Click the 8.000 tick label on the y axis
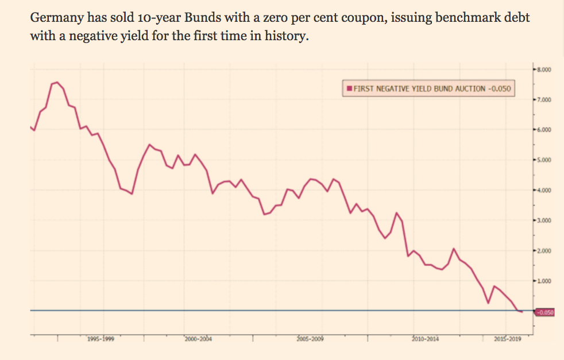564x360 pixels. point(544,69)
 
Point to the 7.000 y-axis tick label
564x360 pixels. point(544,100)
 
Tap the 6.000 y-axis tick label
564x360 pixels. point(544,130)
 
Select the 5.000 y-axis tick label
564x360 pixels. point(544,160)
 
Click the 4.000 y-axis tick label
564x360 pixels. point(544,190)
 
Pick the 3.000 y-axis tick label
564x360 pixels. point(544,220)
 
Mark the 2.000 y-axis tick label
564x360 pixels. point(544,251)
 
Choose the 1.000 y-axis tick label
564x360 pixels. point(544,281)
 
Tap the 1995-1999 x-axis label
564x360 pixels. point(101,339)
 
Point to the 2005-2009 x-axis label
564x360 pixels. point(310,339)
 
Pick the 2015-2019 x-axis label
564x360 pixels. point(507,339)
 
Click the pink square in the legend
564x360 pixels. point(349,89)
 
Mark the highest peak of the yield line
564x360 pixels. point(57,82)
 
